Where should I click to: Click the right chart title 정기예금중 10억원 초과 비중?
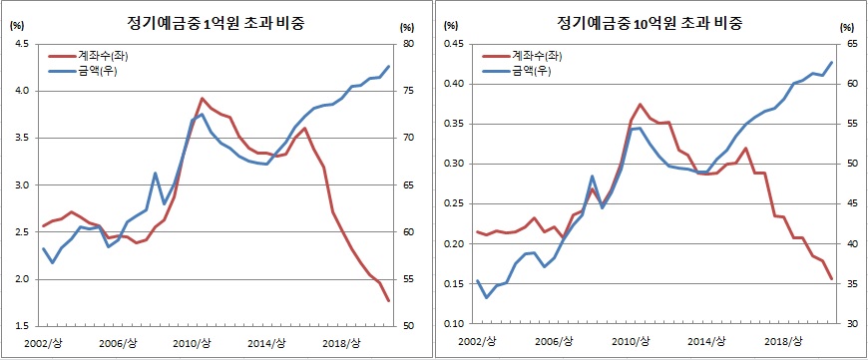click(x=648, y=22)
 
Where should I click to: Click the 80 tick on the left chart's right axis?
click(x=408, y=44)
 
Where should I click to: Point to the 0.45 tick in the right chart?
click(x=454, y=44)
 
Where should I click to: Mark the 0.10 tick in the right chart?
click(x=454, y=325)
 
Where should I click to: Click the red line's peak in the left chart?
click(x=203, y=99)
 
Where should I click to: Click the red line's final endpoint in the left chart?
click(x=388, y=300)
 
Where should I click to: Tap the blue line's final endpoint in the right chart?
click(x=831, y=62)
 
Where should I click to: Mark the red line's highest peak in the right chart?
click(x=640, y=104)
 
